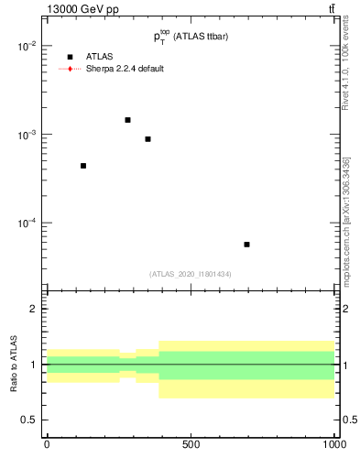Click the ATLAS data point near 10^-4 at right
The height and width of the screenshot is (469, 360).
[x=247, y=245]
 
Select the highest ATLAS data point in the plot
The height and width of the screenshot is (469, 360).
[x=127, y=120]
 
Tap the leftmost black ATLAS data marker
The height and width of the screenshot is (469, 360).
[x=83, y=166]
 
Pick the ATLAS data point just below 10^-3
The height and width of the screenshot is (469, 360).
[x=147, y=139]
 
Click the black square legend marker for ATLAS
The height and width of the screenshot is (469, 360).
[x=70, y=57]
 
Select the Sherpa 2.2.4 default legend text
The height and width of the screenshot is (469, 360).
[x=125, y=69]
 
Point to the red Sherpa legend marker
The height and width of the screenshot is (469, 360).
[x=70, y=69]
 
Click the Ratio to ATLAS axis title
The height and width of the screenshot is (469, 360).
[x=13, y=364]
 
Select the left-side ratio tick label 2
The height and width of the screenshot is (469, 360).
[x=35, y=309]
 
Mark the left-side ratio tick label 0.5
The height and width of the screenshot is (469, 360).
[x=31, y=420]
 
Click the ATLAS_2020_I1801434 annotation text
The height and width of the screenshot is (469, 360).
[x=191, y=274]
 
